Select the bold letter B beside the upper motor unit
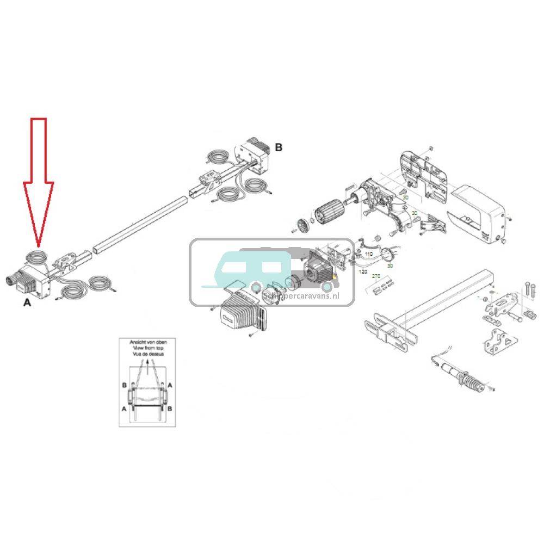(279, 147)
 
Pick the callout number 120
(363, 270)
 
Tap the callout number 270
(375, 276)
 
